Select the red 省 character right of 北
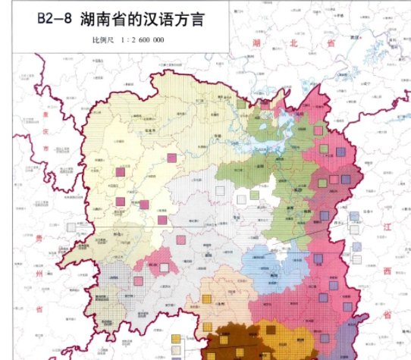point(331,45)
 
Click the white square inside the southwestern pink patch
point(165,257)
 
